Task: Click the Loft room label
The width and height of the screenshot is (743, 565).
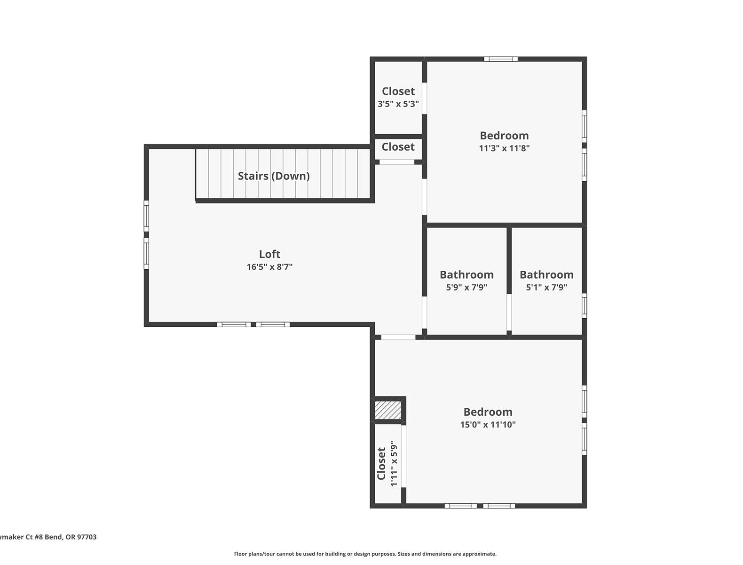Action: pos(269,254)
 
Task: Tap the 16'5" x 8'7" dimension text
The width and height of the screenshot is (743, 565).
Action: pos(269,267)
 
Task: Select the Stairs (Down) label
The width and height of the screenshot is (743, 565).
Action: pos(273,176)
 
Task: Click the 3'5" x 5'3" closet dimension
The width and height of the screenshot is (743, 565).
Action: pos(398,104)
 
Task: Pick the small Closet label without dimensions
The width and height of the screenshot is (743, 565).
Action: pos(398,147)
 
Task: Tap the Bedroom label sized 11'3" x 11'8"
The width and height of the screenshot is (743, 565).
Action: pos(504,136)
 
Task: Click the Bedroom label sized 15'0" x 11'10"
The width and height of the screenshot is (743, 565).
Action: pos(488,412)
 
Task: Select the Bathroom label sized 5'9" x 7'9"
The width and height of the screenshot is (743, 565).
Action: pos(466,274)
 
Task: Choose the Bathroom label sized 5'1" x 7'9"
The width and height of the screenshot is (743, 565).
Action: pos(546,274)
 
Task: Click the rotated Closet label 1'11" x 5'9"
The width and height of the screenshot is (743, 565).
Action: pos(381,464)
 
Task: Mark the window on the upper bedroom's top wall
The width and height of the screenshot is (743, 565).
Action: pos(501,59)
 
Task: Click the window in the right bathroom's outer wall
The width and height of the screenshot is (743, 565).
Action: pos(584,305)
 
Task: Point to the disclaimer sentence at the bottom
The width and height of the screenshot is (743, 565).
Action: pos(365,554)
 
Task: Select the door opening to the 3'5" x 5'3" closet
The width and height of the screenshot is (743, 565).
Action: pos(424,98)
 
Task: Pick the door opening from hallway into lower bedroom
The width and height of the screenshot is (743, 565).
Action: pos(398,337)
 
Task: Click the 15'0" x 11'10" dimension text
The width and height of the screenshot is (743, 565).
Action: pos(488,425)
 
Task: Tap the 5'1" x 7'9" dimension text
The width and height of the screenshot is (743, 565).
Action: pos(546,287)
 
